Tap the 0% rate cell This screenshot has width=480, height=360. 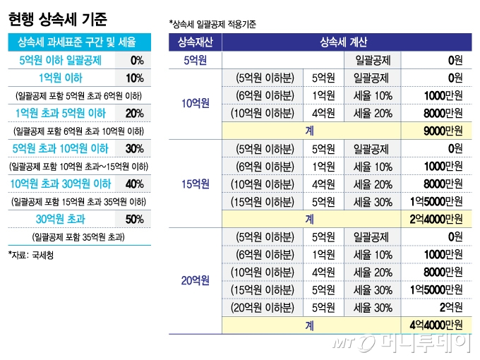tap(136, 60)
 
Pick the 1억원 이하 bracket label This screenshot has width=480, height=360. tap(61, 78)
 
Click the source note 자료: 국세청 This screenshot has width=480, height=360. tap(31, 254)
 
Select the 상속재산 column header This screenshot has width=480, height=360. tap(195, 42)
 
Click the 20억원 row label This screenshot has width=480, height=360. tap(195, 281)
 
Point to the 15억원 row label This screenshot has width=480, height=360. tap(195, 184)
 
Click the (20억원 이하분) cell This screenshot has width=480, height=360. tap(262, 307)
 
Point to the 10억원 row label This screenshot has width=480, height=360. tap(195, 104)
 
